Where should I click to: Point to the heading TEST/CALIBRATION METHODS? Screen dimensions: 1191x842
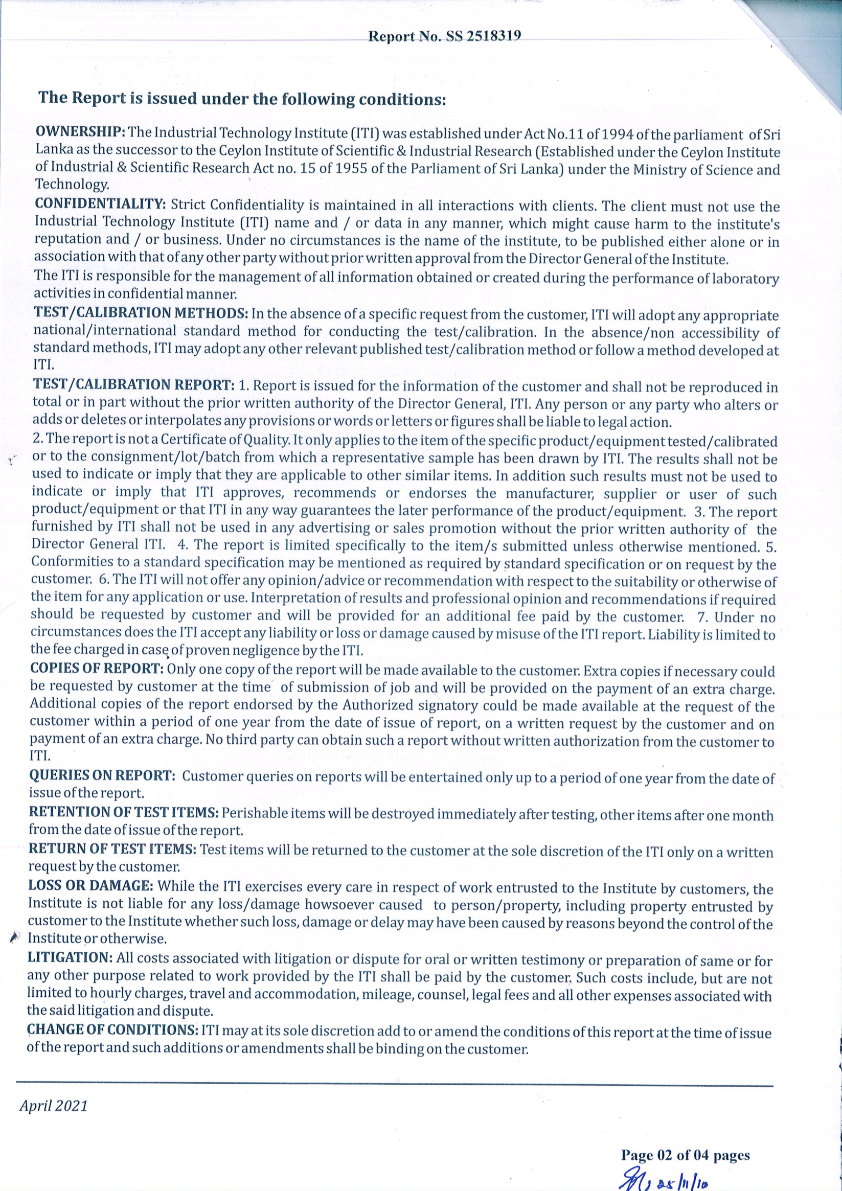click(141, 313)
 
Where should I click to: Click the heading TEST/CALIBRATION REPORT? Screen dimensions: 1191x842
click(134, 384)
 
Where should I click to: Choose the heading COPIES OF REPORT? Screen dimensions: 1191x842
click(97, 668)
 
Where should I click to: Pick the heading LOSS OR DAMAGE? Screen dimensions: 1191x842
click(90, 885)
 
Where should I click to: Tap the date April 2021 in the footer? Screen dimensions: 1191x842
click(54, 1106)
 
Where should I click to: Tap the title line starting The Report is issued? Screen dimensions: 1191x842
click(242, 99)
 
